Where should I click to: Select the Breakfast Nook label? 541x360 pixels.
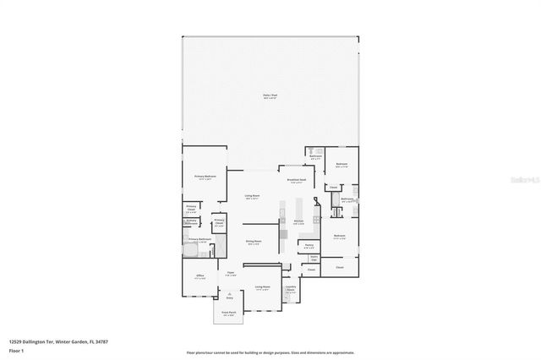click(x=295, y=180)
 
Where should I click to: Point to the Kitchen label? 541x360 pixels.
click(x=298, y=222)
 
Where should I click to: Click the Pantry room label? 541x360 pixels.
click(x=309, y=246)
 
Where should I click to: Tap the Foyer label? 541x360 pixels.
click(x=228, y=274)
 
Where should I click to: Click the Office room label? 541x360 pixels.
click(x=200, y=276)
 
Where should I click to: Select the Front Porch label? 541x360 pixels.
click(x=228, y=313)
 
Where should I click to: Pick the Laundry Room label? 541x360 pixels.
click(x=290, y=289)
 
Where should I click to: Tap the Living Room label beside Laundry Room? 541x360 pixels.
click(x=262, y=288)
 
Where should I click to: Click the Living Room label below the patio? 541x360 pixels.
click(x=252, y=198)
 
